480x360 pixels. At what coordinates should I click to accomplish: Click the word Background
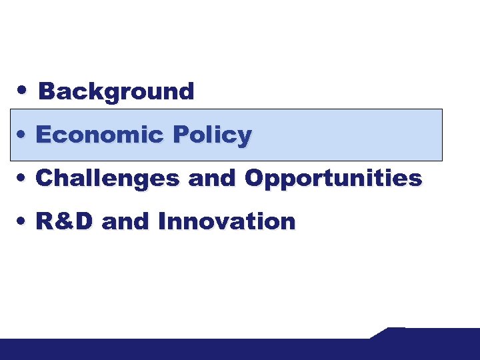[x=116, y=91]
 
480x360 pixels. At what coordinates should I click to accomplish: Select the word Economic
[x=99, y=135]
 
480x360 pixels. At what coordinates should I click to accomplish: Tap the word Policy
[x=212, y=135]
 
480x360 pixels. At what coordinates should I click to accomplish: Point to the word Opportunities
[x=333, y=178]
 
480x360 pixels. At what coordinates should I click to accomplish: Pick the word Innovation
[x=226, y=221]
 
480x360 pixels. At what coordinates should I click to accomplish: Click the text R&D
[x=64, y=221]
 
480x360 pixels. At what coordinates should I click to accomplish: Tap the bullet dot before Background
[x=23, y=89]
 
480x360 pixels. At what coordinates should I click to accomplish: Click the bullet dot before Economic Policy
[x=23, y=133]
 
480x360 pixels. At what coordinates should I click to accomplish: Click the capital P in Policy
[x=181, y=135]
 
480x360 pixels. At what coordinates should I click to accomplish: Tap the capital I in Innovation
[x=163, y=221]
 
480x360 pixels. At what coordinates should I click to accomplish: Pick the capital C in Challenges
[x=45, y=178]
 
